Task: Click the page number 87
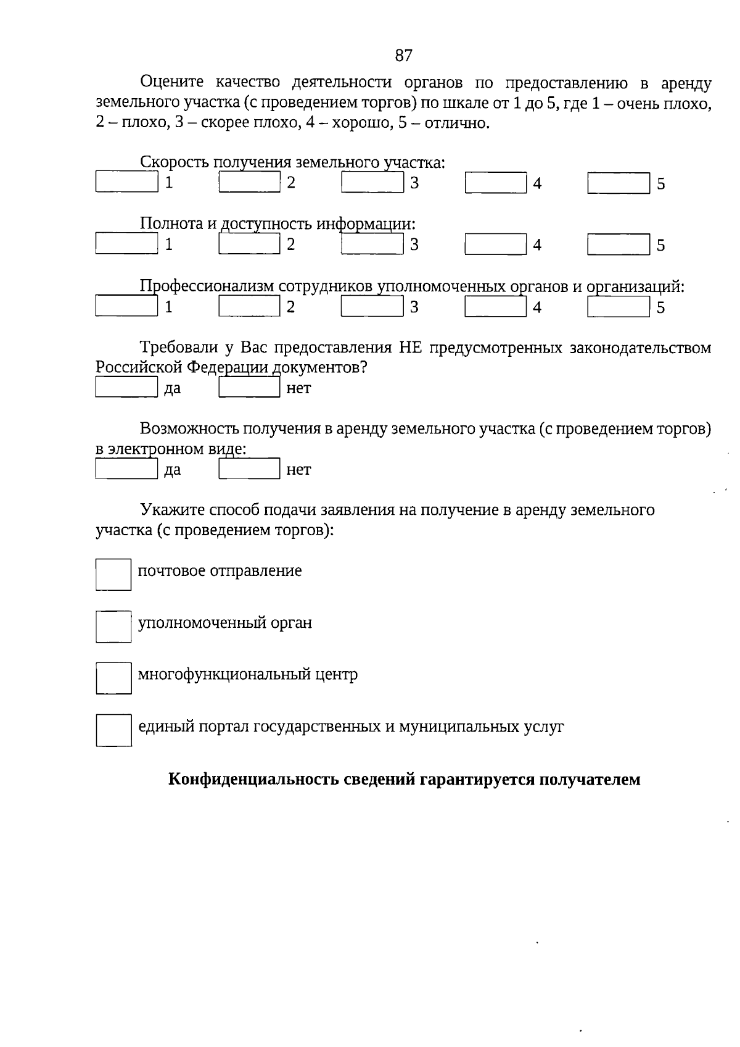click(403, 56)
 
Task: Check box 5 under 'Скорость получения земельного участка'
click(618, 183)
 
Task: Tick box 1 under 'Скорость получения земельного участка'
click(126, 182)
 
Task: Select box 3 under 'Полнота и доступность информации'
click(372, 244)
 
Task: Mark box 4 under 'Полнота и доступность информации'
click(495, 244)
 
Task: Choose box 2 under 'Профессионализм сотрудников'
click(250, 307)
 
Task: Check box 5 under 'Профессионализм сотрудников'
click(618, 307)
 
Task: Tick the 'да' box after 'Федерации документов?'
click(126, 388)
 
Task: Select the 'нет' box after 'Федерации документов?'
click(250, 388)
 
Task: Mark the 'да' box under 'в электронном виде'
click(126, 469)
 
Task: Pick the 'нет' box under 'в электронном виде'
click(250, 469)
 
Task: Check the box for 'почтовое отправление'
click(113, 574)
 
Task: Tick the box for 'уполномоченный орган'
click(113, 626)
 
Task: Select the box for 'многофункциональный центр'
click(113, 678)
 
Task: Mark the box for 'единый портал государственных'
click(113, 730)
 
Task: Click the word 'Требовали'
click(177, 348)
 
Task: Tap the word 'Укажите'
click(171, 510)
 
